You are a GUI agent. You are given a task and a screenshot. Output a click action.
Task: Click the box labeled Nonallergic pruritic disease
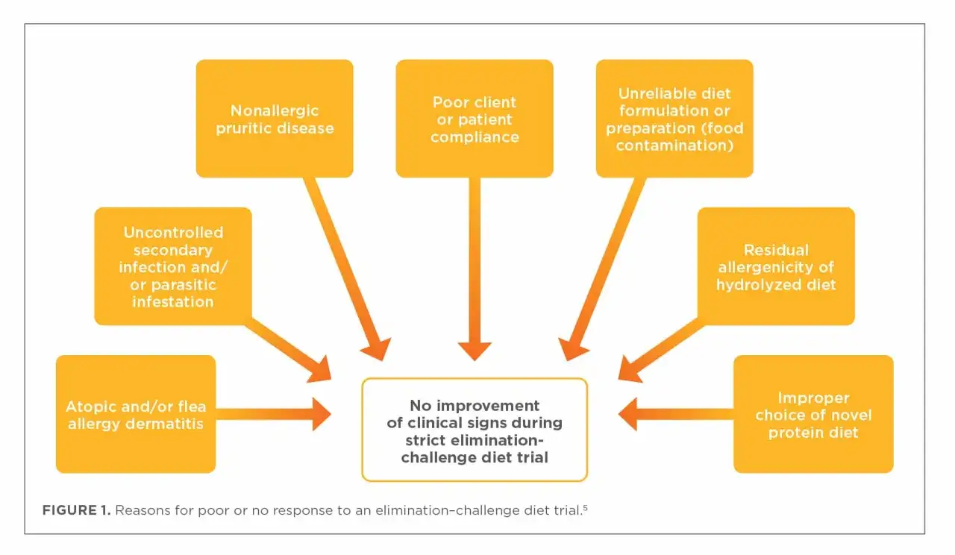(x=275, y=119)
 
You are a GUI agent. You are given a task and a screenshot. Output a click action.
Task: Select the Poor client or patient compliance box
(x=475, y=119)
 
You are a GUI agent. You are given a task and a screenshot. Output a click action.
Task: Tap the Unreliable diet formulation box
(x=674, y=119)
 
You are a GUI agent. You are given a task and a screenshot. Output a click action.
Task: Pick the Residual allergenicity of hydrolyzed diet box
(x=776, y=266)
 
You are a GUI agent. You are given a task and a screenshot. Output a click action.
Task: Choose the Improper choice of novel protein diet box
(x=813, y=414)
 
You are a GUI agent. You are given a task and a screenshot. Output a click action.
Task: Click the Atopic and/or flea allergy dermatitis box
(x=136, y=414)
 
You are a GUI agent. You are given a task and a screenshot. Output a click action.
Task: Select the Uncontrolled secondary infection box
(x=173, y=266)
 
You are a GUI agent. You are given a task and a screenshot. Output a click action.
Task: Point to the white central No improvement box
(x=475, y=430)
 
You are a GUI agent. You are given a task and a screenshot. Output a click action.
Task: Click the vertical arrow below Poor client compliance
(x=475, y=269)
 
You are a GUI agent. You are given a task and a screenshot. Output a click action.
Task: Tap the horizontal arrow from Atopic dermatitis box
(x=273, y=414)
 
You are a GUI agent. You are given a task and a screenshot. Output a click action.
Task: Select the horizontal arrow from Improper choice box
(x=676, y=414)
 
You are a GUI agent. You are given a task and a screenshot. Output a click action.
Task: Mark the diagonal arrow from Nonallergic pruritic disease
(x=347, y=269)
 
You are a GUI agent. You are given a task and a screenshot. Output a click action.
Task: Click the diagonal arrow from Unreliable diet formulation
(x=602, y=269)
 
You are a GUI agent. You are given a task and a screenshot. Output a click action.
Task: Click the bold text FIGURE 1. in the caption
(x=76, y=510)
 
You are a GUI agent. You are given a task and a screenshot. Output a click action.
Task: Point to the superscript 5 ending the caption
(x=586, y=507)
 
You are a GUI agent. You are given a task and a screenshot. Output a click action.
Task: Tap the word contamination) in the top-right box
(x=674, y=145)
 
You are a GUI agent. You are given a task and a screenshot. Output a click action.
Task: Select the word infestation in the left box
(x=172, y=302)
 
